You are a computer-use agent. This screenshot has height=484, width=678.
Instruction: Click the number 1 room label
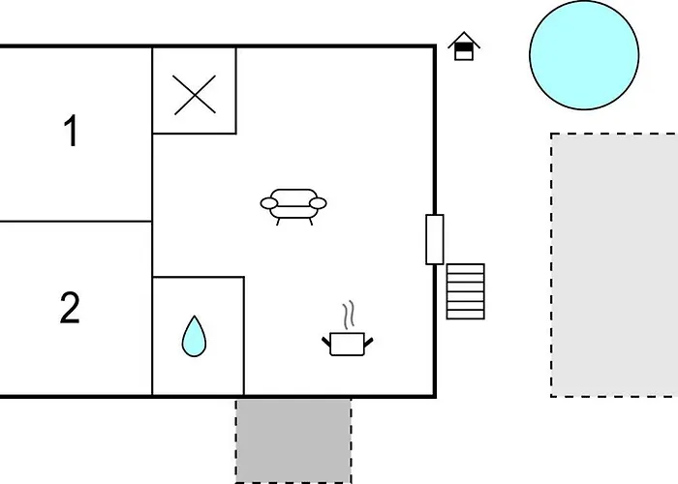72,131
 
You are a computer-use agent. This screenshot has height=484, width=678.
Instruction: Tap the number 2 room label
70,308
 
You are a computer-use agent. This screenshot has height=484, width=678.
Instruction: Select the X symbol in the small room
195,95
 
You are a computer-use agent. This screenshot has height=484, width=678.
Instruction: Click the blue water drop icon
194,336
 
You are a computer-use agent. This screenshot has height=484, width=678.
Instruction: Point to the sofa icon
293,206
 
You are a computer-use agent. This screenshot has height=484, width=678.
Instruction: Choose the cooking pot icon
347,344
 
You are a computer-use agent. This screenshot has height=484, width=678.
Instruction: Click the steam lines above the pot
349,315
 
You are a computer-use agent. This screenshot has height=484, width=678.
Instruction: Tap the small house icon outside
464,46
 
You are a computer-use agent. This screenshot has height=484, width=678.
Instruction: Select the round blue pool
584,55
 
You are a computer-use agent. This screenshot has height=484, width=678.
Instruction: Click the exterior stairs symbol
465,291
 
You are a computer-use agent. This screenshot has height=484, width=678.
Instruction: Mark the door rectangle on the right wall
435,239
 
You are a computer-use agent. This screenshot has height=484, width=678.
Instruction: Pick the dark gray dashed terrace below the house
293,440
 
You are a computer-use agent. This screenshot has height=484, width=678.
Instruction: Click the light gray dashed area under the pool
614,265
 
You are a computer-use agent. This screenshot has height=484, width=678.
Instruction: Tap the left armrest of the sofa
269,203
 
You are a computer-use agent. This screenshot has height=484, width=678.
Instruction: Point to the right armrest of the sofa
319,203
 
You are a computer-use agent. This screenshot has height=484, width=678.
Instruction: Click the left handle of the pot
326,343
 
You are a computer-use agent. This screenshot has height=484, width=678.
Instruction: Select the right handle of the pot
368,343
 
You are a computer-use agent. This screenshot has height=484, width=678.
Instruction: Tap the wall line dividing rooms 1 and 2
76,222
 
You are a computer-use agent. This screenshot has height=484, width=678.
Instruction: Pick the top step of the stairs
465,269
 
